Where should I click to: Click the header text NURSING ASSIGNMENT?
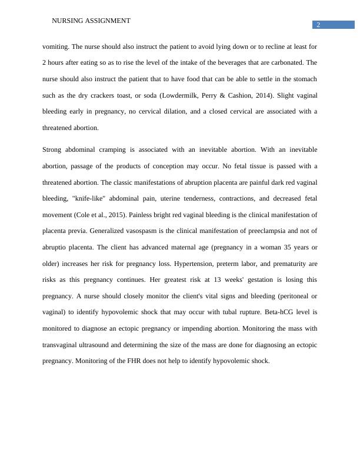point(91,21)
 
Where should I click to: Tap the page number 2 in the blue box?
point(318,25)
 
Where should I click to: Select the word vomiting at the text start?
point(55,45)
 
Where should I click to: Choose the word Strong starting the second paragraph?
point(52,149)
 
